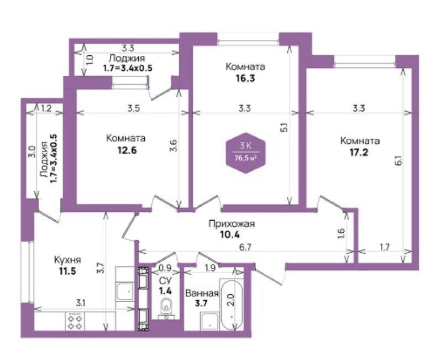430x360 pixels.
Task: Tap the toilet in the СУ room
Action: (x=166, y=308)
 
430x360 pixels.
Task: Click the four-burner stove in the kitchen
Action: (x=75, y=322)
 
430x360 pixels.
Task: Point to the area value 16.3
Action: (x=245, y=79)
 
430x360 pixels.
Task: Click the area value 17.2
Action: (x=358, y=152)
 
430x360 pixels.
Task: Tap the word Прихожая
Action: (x=232, y=224)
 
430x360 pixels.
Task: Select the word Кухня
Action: (x=67, y=260)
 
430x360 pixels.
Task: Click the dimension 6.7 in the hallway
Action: (x=245, y=247)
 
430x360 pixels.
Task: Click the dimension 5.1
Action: (x=285, y=128)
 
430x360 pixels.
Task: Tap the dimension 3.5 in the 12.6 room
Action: (x=134, y=108)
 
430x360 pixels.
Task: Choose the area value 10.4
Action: (x=230, y=235)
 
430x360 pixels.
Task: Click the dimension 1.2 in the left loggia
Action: (x=46, y=108)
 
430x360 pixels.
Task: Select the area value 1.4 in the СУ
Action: (x=166, y=290)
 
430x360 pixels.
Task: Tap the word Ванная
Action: (x=202, y=294)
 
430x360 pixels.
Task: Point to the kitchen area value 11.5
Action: (x=67, y=271)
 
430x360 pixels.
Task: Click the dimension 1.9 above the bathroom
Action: (x=210, y=268)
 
